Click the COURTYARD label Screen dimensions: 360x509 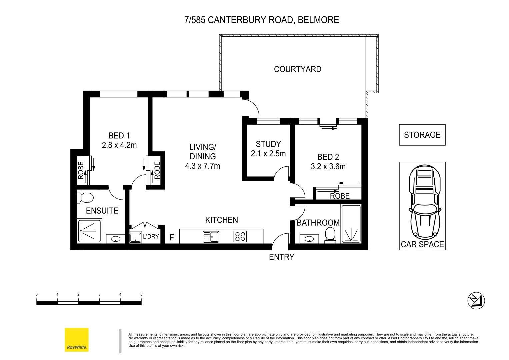pyautogui.click(x=297, y=69)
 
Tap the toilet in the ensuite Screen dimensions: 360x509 pyautogui.click(x=86, y=198)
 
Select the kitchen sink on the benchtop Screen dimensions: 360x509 pyautogui.click(x=211, y=237)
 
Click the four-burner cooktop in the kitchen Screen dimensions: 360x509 pyautogui.click(x=240, y=237)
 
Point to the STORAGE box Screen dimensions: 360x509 pyautogui.click(x=422, y=135)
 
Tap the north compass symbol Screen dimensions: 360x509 pyautogui.click(x=476, y=300)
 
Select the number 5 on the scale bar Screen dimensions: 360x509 pyautogui.click(x=141, y=294)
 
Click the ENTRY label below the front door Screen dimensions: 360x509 pyautogui.click(x=281, y=257)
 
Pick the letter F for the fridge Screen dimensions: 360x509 pyautogui.click(x=172, y=238)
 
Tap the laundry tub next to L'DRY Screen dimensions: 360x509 pyautogui.click(x=135, y=237)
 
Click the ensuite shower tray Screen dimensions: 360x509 pyautogui.click(x=90, y=231)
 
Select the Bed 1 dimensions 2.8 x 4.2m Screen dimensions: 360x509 pyautogui.click(x=119, y=145)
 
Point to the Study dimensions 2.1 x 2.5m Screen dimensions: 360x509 pyautogui.click(x=268, y=154)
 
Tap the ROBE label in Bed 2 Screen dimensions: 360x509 pyautogui.click(x=340, y=196)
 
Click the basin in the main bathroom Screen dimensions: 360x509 pyautogui.click(x=309, y=239)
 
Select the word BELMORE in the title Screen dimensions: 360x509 pyautogui.click(x=318, y=20)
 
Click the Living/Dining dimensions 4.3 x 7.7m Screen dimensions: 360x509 pyautogui.click(x=202, y=166)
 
